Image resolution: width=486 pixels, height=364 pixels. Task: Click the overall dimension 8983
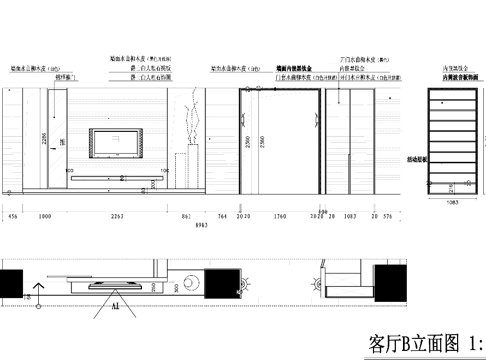point(201,225)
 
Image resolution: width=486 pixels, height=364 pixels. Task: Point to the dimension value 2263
point(117,216)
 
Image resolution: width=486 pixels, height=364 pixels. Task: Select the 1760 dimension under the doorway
point(279,216)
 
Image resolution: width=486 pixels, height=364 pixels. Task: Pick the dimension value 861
point(186,216)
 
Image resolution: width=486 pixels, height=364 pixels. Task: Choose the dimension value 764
point(222,216)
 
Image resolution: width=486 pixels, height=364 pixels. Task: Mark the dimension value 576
point(388,216)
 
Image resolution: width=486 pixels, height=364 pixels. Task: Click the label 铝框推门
point(66,78)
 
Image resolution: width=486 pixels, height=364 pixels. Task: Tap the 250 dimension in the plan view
point(153,287)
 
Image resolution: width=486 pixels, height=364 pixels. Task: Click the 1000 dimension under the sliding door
point(45,216)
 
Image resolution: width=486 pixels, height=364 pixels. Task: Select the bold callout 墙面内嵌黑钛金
point(294,69)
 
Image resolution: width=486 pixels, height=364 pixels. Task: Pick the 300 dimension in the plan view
point(175,288)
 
